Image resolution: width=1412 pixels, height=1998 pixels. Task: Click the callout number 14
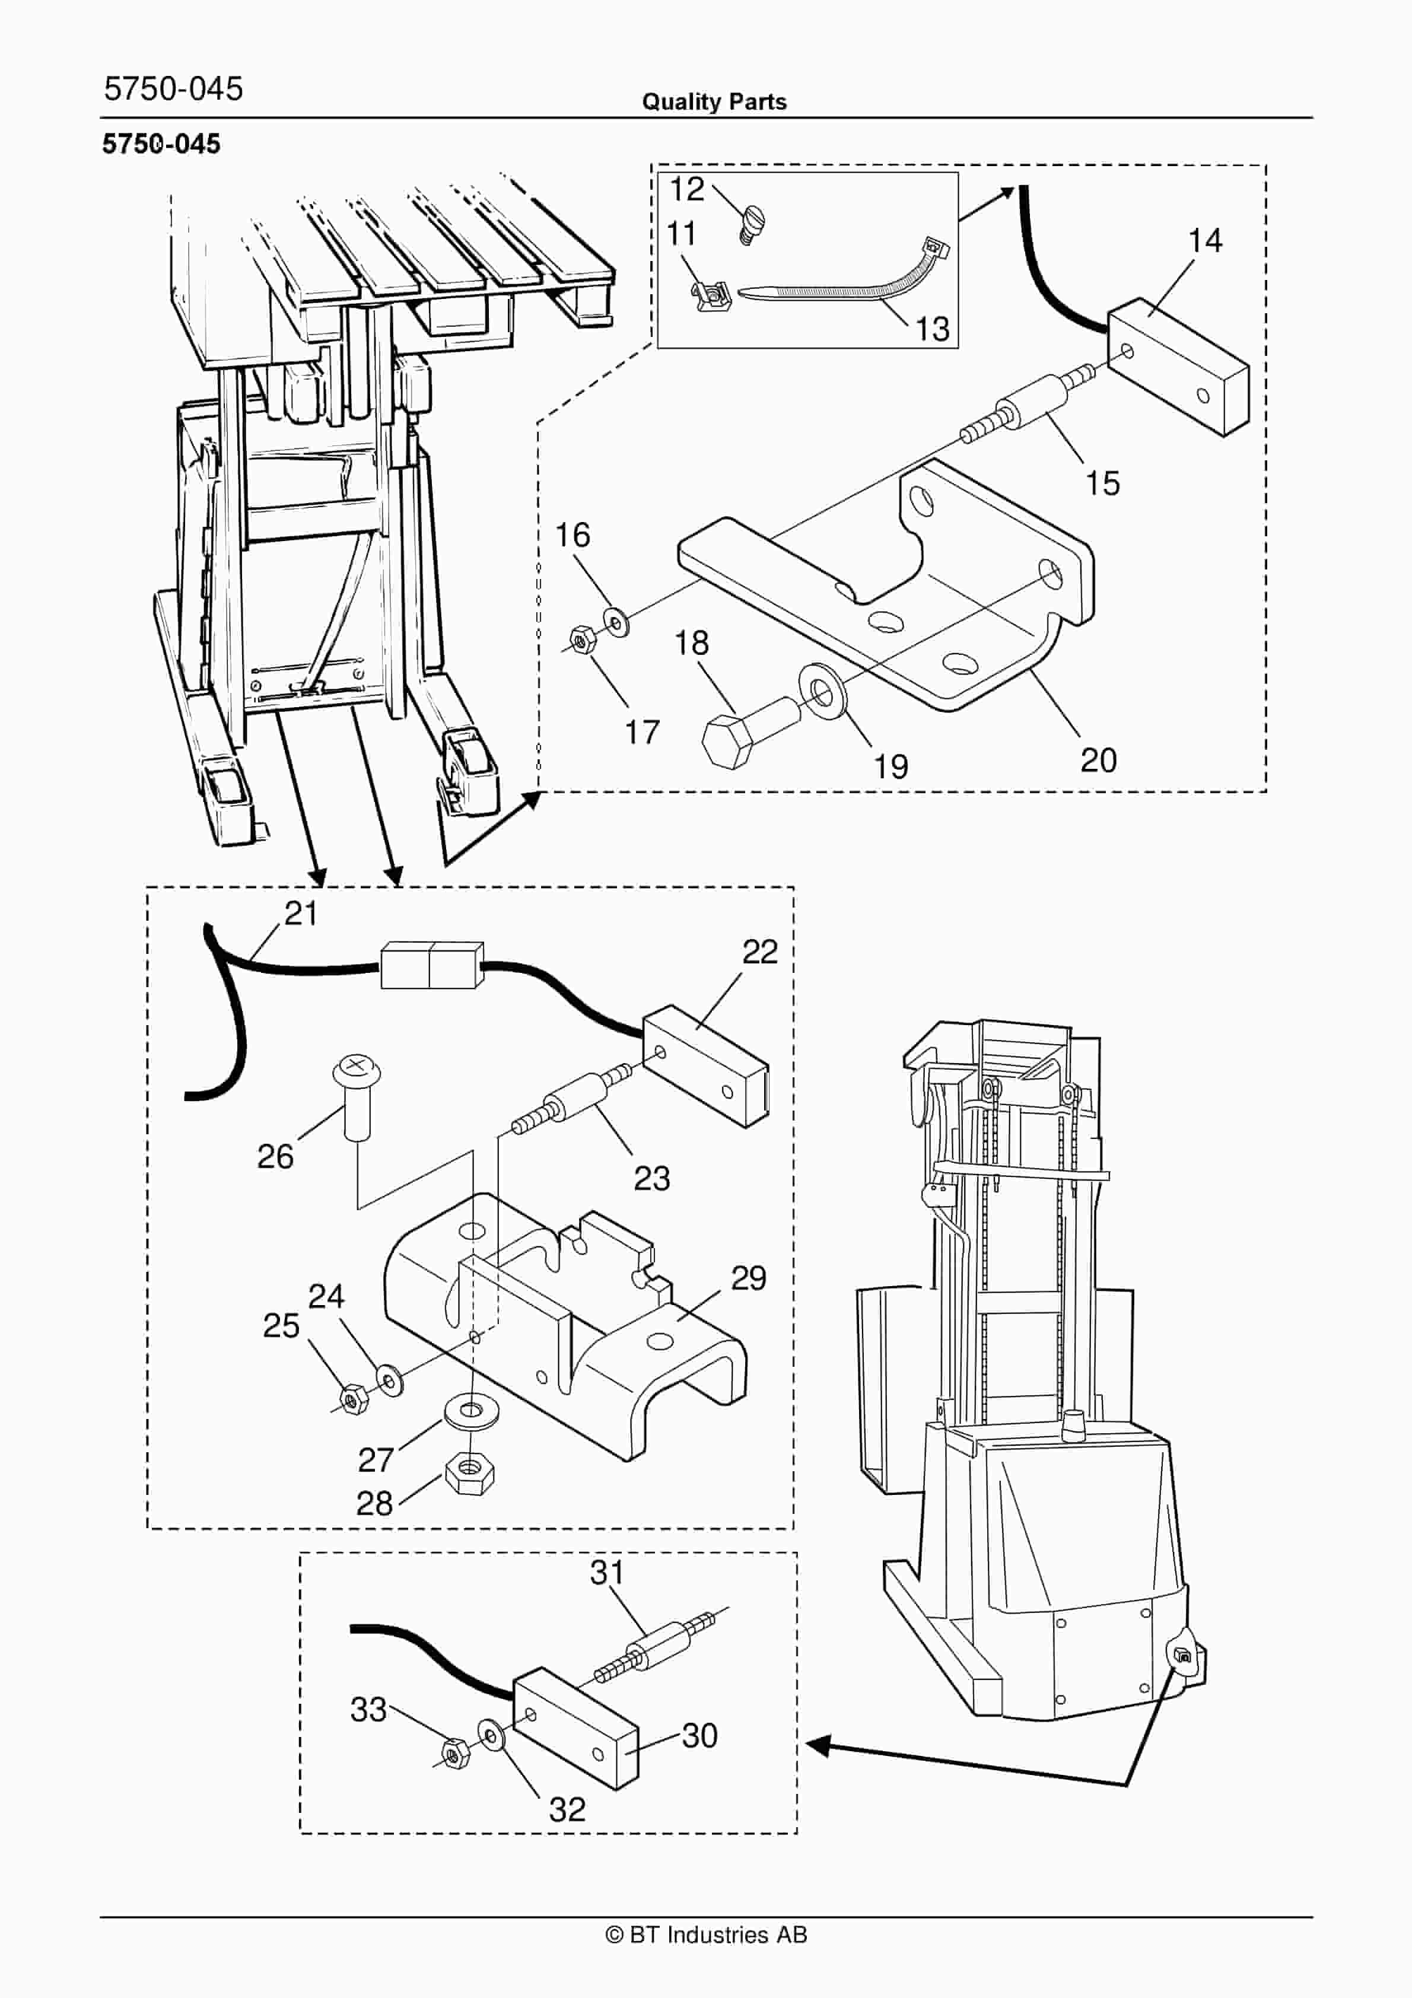tap(1205, 240)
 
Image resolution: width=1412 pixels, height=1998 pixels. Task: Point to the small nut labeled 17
tap(579, 641)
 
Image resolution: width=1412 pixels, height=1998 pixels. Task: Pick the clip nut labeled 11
tap(710, 296)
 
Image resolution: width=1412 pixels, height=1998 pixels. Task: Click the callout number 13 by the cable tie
tap(931, 328)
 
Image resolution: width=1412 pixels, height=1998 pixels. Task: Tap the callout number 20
tap(1099, 760)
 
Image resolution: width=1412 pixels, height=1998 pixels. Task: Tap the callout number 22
tap(759, 952)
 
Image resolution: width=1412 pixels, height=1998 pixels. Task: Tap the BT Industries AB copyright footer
tap(706, 1935)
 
